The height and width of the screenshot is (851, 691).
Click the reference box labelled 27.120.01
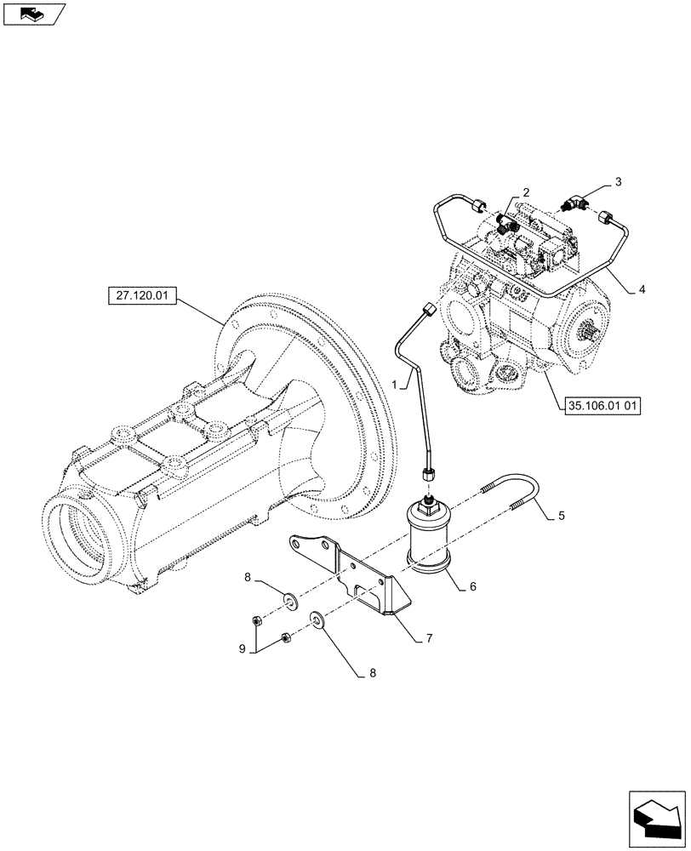tap(142, 296)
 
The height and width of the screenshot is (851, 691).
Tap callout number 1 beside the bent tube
tap(395, 385)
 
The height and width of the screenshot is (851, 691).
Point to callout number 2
tap(527, 193)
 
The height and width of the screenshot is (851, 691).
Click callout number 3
tap(619, 182)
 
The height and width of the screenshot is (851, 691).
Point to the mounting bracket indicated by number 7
tap(357, 579)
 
